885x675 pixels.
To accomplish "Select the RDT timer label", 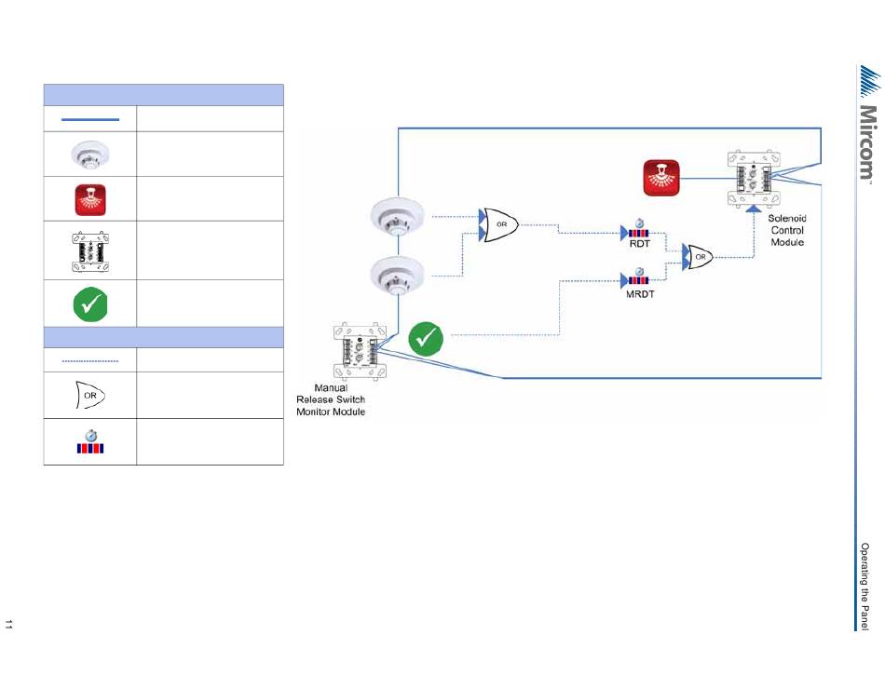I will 638,244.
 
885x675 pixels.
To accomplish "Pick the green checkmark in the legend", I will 90,303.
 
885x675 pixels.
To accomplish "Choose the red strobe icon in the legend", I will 90,199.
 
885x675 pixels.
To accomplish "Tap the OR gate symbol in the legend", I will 90,395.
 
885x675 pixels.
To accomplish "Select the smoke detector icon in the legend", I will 90,155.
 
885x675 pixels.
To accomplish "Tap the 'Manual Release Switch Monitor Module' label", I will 331,399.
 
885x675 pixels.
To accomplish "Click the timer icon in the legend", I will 90,442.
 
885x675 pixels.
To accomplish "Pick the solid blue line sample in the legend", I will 90,119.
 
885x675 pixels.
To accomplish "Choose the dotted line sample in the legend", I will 90,359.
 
